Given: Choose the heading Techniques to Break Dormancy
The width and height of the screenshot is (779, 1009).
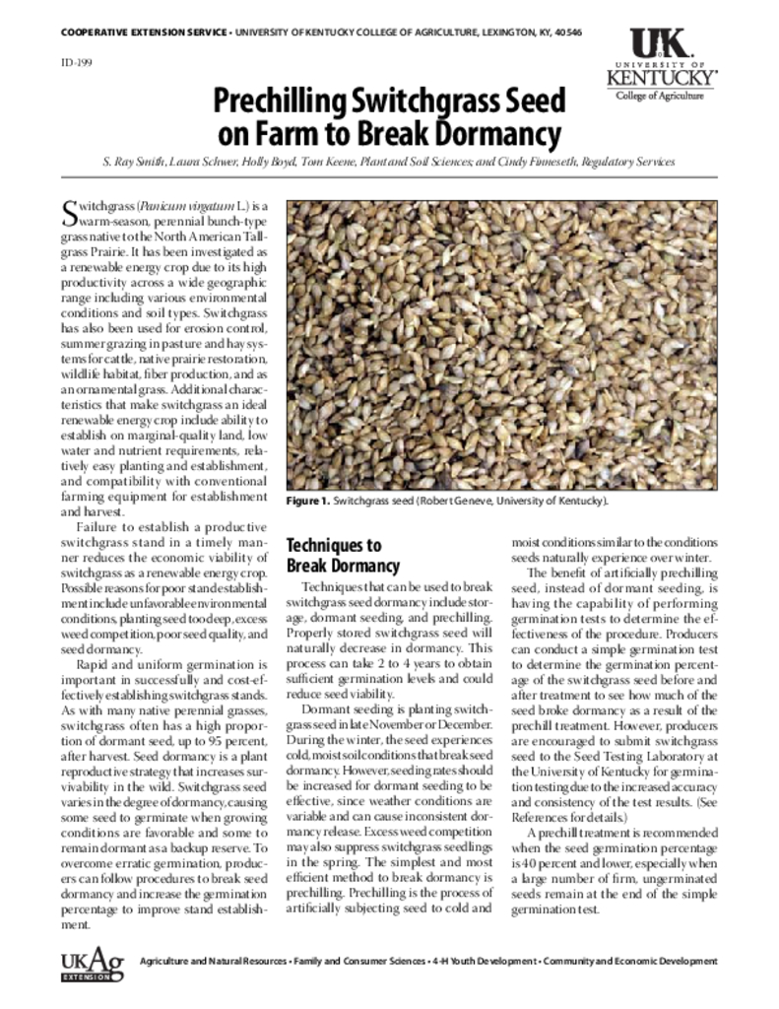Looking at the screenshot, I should (343, 556).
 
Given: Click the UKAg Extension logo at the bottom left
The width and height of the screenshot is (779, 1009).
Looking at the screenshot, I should (93, 965).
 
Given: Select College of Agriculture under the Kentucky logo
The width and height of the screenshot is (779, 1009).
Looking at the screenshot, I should (660, 96).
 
